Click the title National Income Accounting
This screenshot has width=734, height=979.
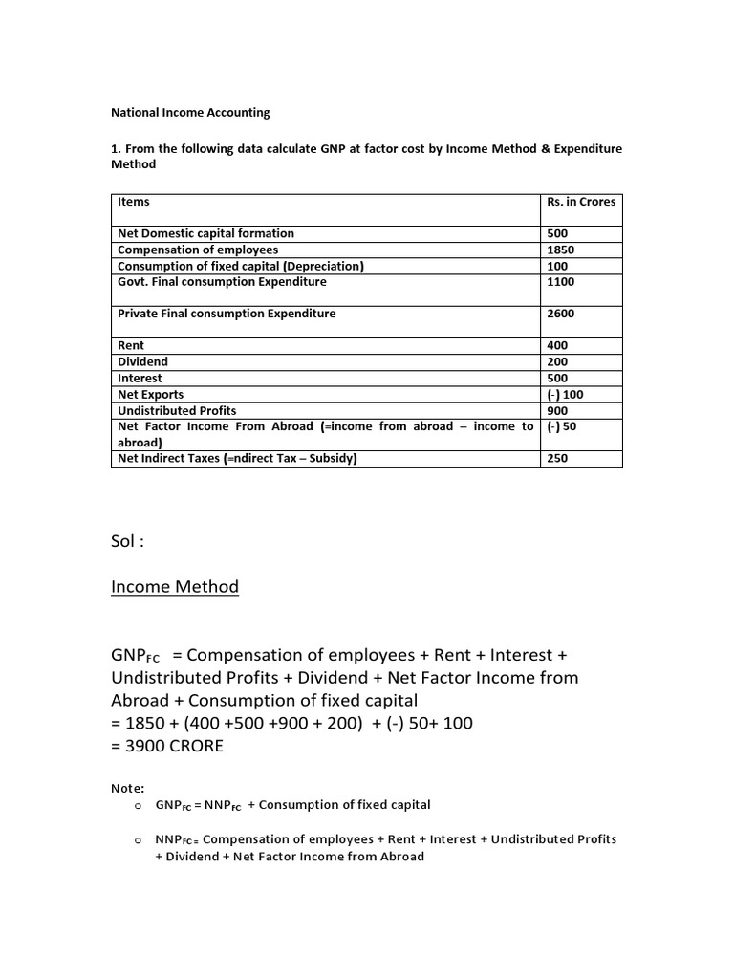191,112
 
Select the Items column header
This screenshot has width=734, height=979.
133,202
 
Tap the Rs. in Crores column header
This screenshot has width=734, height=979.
581,202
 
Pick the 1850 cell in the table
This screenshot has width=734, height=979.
561,250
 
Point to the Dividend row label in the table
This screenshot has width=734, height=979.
142,361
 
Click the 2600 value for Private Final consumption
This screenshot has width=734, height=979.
561,314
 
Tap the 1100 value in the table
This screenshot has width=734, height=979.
561,282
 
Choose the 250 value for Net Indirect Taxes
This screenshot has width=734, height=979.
558,459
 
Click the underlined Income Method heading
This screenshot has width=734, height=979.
175,587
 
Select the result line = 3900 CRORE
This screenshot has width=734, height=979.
167,746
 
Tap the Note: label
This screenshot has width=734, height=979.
128,788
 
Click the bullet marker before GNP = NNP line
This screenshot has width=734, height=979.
138,805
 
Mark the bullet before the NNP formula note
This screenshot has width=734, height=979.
138,839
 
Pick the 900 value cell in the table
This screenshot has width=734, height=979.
558,410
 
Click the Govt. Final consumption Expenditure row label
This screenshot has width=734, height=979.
222,282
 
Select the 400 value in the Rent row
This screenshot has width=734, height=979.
558,345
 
